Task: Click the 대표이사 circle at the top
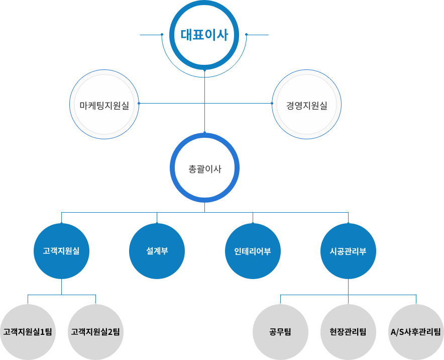click(204, 35)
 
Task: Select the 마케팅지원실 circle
click(104, 105)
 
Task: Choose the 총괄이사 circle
click(204, 168)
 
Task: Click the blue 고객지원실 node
click(61, 251)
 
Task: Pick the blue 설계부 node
click(157, 251)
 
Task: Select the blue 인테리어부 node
click(253, 251)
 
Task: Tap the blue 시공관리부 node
click(348, 251)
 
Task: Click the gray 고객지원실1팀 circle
click(28, 332)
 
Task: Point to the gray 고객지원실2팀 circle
click(95, 332)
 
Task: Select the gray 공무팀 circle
click(280, 332)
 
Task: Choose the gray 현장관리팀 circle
click(348, 332)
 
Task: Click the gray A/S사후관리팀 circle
click(416, 332)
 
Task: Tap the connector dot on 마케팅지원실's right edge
click(139, 104)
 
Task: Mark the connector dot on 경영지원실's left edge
click(272, 104)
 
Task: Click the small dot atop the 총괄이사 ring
click(204, 133)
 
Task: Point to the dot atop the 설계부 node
click(157, 223)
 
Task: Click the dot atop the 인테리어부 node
click(253, 223)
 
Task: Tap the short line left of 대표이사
click(150, 35)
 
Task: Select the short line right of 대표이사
click(258, 35)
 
